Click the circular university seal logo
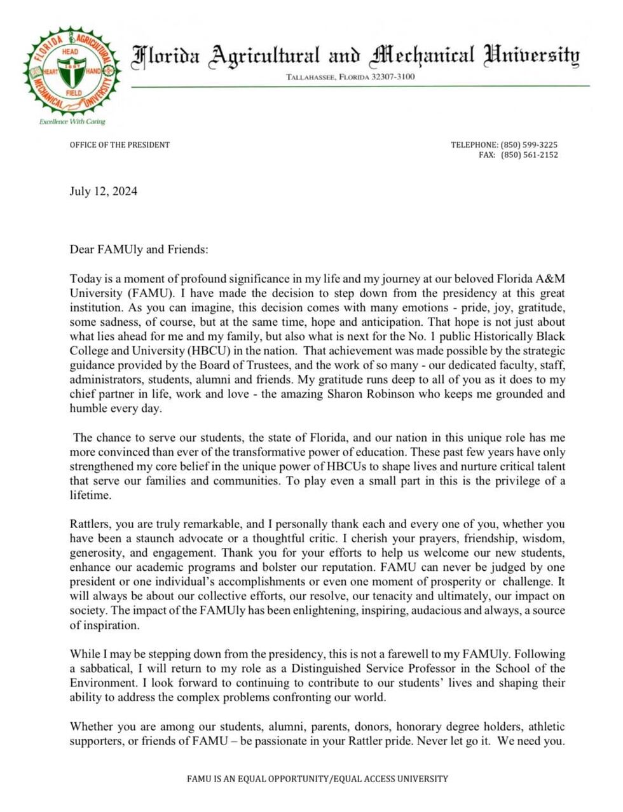point(72,72)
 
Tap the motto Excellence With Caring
point(72,122)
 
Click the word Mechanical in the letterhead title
point(422,56)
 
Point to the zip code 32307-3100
point(393,77)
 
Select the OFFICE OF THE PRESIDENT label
point(120,144)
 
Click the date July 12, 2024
point(103,192)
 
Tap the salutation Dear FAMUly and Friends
point(139,249)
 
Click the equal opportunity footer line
point(317,778)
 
